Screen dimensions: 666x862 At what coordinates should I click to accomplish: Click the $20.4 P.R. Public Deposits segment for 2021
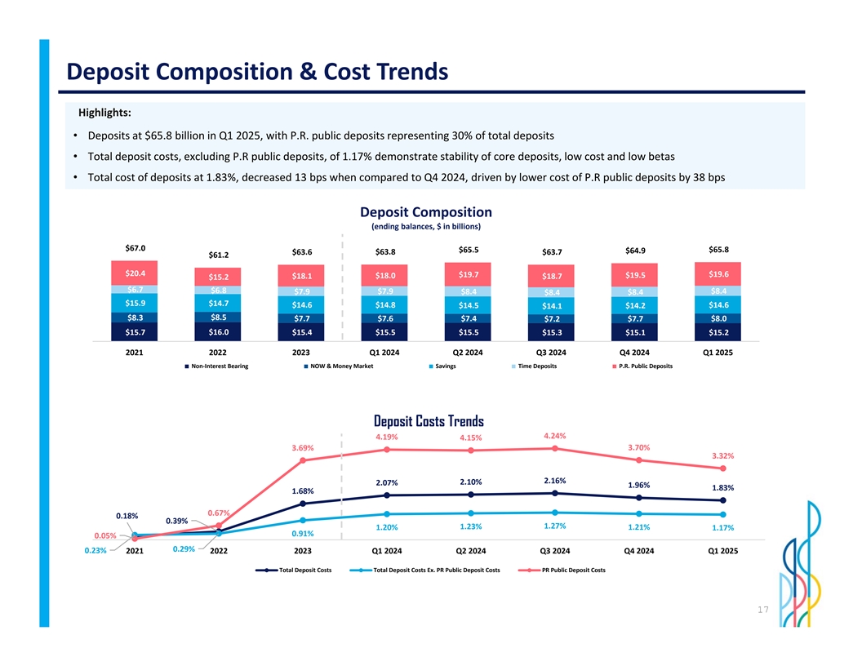pos(135,273)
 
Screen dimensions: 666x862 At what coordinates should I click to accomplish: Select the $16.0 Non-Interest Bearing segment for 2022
pos(218,332)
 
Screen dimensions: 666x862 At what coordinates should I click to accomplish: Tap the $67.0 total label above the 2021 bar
pos(136,248)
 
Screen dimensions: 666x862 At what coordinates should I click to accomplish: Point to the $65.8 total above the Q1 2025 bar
pos(718,249)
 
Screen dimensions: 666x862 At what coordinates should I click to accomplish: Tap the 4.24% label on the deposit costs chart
pos(554,436)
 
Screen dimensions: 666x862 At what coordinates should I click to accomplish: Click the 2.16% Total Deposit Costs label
pos(554,480)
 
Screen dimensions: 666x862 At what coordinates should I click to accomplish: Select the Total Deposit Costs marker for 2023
pos(303,504)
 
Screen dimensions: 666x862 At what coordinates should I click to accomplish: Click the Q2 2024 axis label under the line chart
pos(471,551)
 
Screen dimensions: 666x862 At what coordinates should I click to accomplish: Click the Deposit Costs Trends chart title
pos(429,421)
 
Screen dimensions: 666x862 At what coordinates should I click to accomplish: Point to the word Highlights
pos(105,113)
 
